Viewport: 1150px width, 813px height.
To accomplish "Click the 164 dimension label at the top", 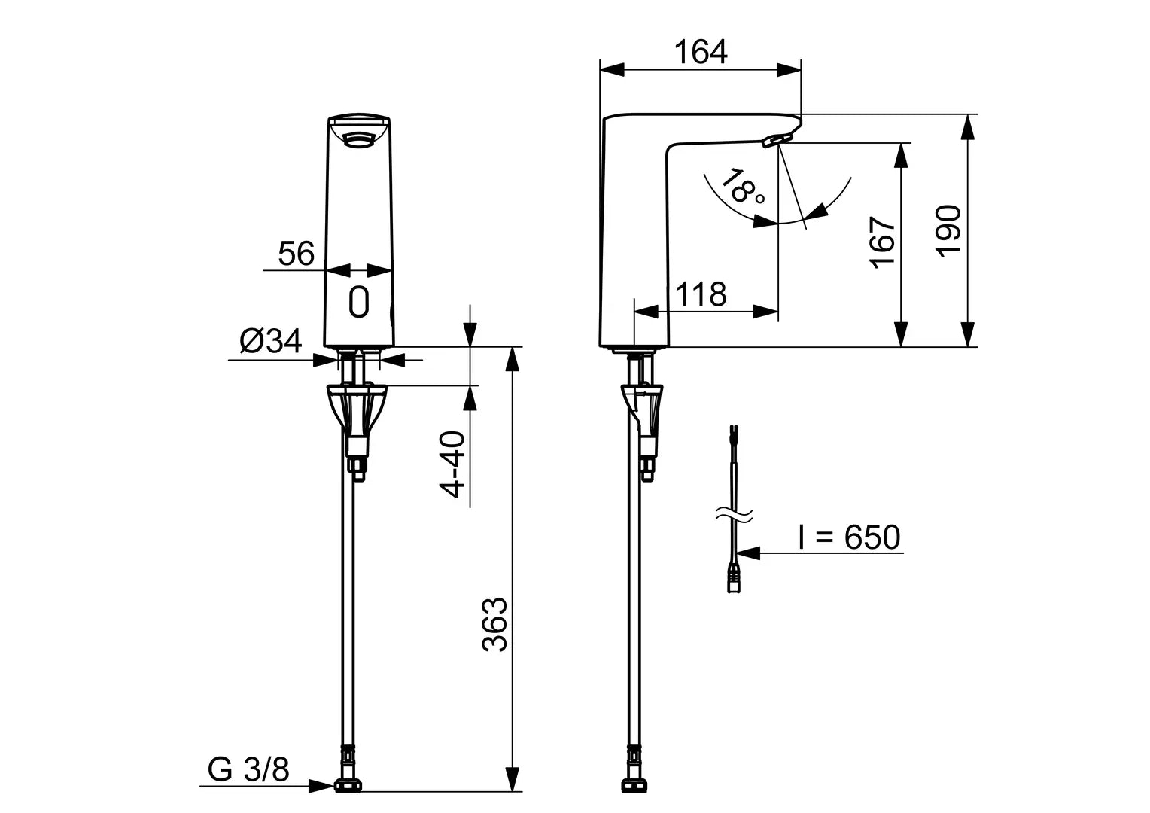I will (700, 52).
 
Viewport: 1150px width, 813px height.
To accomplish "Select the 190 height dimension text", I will (948, 230).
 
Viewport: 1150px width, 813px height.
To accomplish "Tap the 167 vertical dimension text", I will (882, 242).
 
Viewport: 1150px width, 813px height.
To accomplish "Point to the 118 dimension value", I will (701, 294).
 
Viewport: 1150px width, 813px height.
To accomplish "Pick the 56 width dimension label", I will (296, 254).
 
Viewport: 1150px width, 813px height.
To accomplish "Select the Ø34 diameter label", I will (270, 342).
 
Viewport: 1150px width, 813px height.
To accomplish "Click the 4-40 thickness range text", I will (453, 464).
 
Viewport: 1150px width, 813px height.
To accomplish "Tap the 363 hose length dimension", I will (495, 625).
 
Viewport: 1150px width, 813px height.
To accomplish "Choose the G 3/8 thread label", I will (248, 769).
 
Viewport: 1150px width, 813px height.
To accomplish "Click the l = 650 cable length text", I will (848, 537).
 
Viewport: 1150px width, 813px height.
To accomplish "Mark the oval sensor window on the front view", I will (359, 302).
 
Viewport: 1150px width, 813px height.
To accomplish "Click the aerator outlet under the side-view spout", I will (777, 139).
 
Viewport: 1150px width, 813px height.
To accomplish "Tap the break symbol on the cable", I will (732, 515).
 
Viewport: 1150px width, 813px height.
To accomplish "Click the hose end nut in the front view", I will (348, 786).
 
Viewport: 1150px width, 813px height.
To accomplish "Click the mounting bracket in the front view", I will (357, 410).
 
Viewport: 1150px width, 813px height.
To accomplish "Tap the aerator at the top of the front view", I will (359, 138).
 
